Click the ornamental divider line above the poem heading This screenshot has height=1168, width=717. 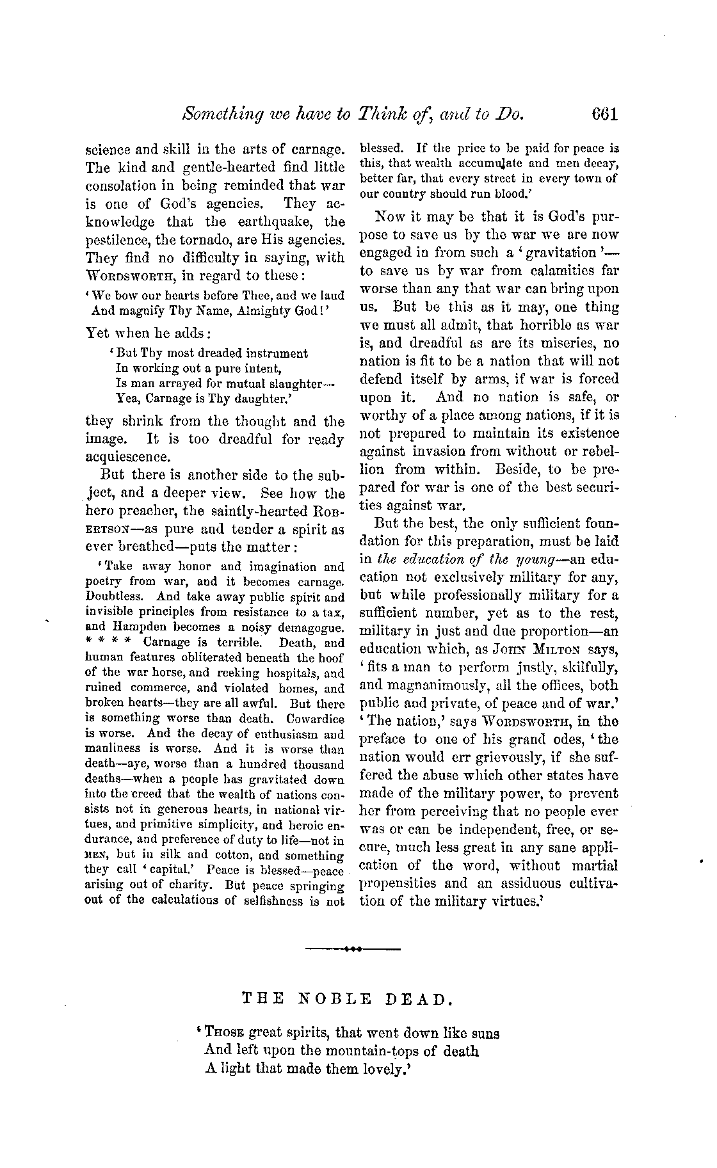click(353, 948)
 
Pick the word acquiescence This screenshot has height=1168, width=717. click(127, 457)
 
